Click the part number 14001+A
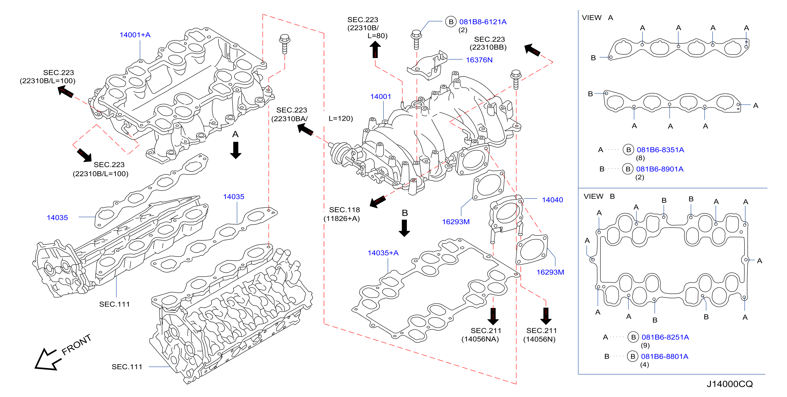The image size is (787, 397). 135,35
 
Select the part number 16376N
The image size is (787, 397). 479,60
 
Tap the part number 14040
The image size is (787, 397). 552,200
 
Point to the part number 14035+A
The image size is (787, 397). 383,253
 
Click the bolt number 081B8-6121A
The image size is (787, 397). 483,22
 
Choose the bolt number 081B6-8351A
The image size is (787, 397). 660,150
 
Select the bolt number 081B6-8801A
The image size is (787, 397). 664,356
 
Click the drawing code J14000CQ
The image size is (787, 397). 729,384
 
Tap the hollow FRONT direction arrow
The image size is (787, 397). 47,360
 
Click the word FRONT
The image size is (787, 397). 77,345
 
